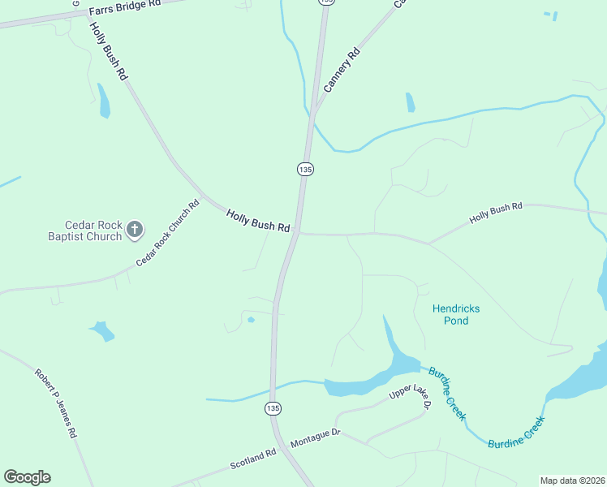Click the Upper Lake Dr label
click(408, 392)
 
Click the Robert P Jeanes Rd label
click(55, 403)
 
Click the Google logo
click(27, 477)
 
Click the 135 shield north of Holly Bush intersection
click(305, 169)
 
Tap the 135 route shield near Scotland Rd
click(273, 408)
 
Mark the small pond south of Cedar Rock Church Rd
click(102, 330)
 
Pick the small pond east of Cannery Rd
click(410, 102)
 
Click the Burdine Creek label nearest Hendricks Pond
click(447, 392)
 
